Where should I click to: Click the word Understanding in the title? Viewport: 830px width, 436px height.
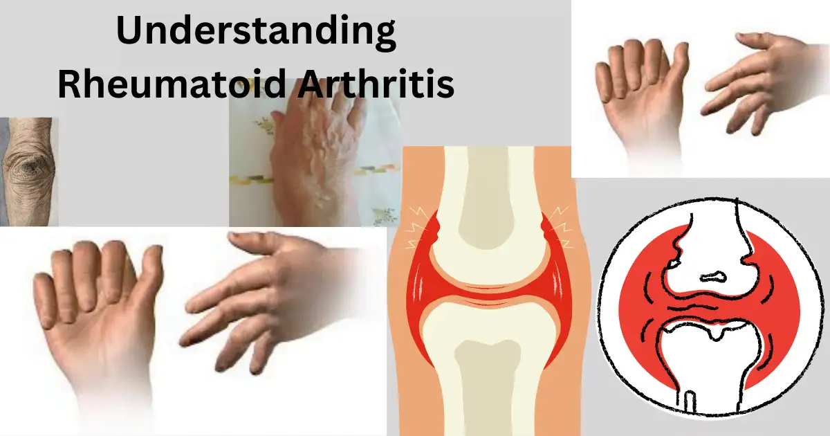[x=256, y=33]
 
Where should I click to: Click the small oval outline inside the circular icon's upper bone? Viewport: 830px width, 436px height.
[x=713, y=278]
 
